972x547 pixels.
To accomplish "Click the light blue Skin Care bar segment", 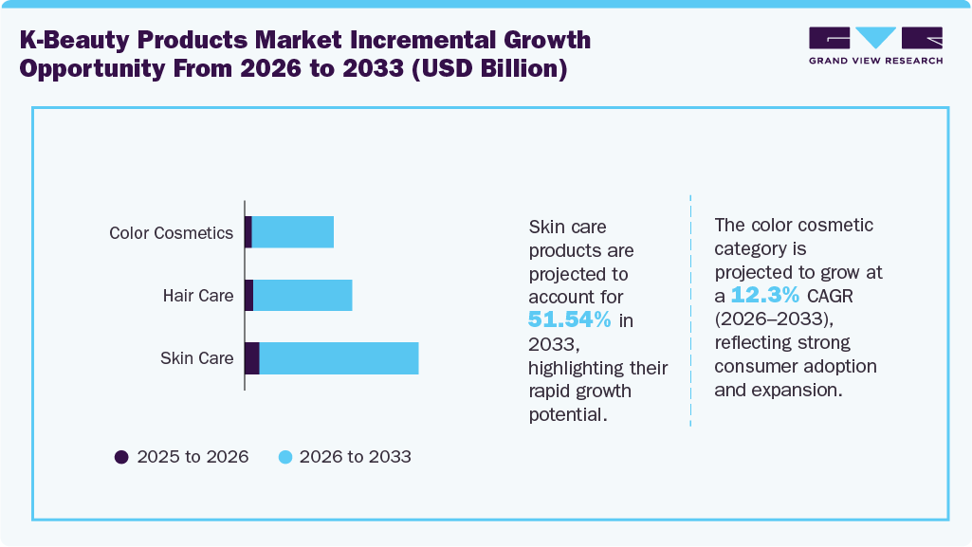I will pyautogui.click(x=339, y=358).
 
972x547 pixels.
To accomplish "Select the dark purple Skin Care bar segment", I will pyautogui.click(x=251, y=358).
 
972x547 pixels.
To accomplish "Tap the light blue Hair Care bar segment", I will pyautogui.click(x=303, y=296).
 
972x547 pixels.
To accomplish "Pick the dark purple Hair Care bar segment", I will pyautogui.click(x=248, y=296).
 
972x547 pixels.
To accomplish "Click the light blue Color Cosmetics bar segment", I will pyautogui.click(x=292, y=232).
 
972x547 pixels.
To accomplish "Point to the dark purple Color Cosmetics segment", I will pyautogui.click(x=248, y=232).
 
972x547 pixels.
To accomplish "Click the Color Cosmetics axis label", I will pyautogui.click(x=171, y=233).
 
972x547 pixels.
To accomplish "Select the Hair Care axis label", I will pyautogui.click(x=197, y=296).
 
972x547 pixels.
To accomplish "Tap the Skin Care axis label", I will pyautogui.click(x=196, y=358).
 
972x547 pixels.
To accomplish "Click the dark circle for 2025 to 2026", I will pyautogui.click(x=121, y=457).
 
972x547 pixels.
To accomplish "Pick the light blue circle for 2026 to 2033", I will pyautogui.click(x=284, y=457).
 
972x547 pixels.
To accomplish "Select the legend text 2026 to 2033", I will pyautogui.click(x=355, y=457).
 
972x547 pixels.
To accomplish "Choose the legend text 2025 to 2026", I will pyautogui.click(x=193, y=457).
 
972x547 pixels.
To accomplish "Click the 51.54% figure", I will pyautogui.click(x=570, y=319).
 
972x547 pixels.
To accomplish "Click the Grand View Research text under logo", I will pyautogui.click(x=875, y=61).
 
